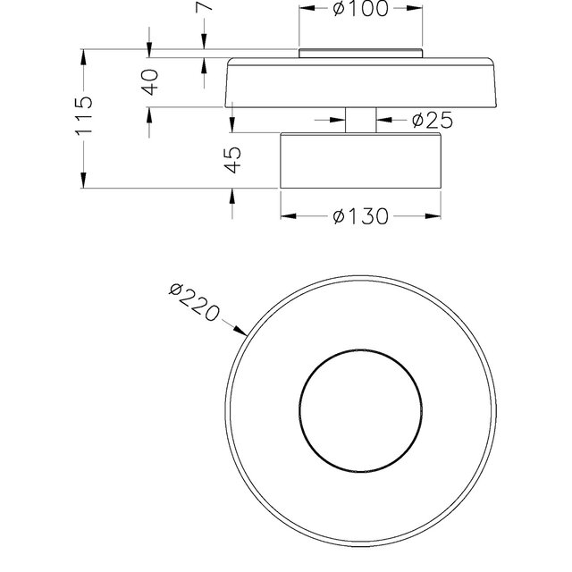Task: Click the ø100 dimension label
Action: (359, 9)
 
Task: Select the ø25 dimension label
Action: (432, 120)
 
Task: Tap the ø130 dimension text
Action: (360, 216)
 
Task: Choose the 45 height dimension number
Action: (231, 160)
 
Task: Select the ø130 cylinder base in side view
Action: (361, 161)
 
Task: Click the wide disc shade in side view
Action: (361, 83)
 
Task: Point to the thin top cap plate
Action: (359, 53)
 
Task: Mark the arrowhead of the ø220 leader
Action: (242, 332)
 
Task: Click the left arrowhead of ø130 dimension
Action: (286, 216)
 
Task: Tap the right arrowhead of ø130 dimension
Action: (436, 216)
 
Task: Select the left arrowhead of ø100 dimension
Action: (304, 9)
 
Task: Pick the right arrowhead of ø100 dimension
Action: (416, 9)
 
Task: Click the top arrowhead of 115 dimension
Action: (83, 55)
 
